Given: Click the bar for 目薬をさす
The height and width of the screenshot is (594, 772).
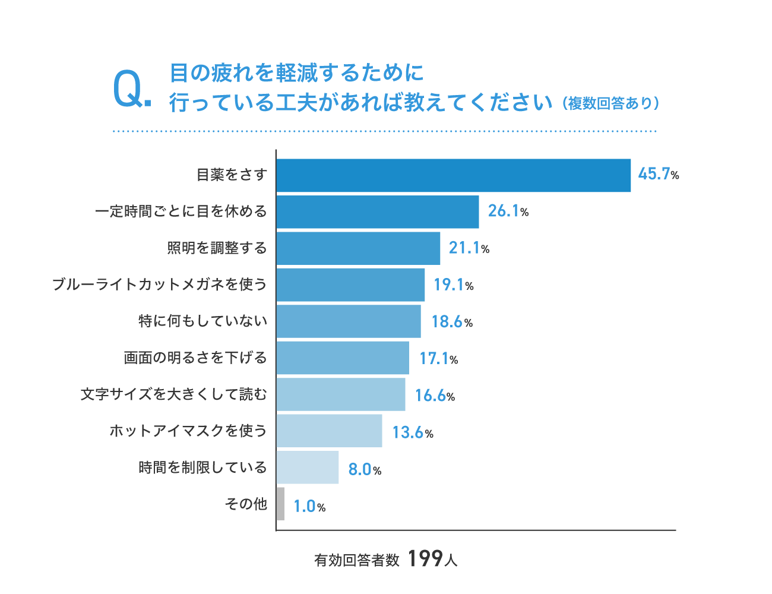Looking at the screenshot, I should [x=453, y=175].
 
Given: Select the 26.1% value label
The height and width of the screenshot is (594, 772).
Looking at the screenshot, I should [x=508, y=211].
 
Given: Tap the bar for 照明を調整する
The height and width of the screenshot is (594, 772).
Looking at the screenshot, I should [x=358, y=248].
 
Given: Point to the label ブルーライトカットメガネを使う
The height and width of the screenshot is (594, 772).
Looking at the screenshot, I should [x=160, y=285].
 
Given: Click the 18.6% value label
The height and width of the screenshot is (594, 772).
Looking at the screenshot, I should [x=451, y=322].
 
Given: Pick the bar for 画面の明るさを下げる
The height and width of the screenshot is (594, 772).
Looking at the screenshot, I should [x=343, y=358].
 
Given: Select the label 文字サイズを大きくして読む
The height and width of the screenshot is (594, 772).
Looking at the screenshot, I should [x=174, y=394].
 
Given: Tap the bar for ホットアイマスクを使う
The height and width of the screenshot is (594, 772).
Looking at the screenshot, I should [x=329, y=431].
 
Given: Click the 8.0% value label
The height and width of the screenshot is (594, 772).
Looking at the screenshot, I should [x=364, y=470].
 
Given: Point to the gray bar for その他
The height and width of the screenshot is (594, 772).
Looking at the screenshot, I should [x=280, y=504].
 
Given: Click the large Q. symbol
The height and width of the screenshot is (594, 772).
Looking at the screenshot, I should [x=131, y=89].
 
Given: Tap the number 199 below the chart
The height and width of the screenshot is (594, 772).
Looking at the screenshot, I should [x=425, y=558].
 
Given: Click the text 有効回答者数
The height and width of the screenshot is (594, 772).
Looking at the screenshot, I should [x=357, y=560].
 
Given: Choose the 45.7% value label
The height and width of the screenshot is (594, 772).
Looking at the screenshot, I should [x=658, y=174].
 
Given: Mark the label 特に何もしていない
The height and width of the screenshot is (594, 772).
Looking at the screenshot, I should [x=203, y=321].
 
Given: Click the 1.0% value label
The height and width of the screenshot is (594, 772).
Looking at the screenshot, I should [x=309, y=507].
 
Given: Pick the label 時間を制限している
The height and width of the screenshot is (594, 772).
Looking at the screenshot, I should [x=203, y=467].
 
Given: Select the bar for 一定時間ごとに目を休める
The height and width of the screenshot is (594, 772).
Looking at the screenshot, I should [x=378, y=211].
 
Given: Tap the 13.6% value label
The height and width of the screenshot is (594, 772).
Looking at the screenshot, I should [x=412, y=432].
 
